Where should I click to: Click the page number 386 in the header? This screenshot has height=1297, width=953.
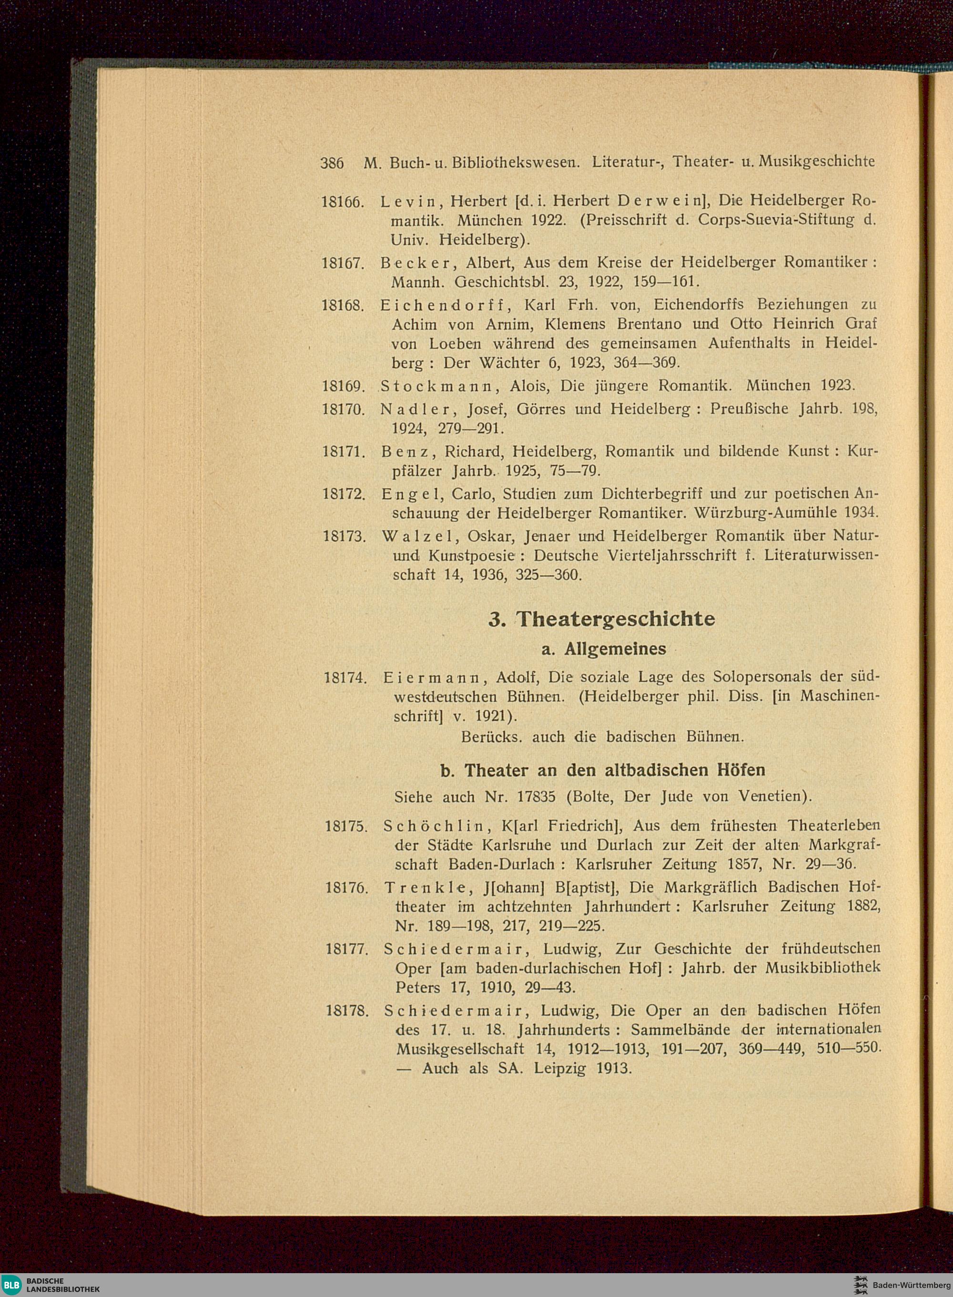332,163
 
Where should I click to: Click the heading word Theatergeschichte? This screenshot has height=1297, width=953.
615,619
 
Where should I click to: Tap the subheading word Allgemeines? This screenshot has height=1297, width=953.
615,649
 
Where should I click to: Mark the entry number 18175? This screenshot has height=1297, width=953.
345,826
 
